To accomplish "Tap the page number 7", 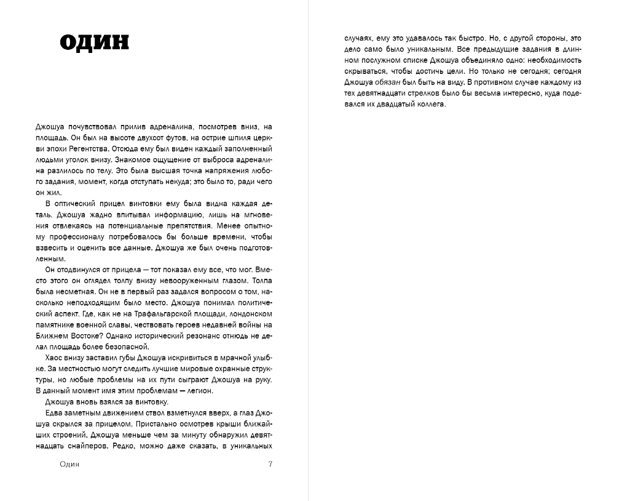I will [270, 464].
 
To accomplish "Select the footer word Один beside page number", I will [66, 464].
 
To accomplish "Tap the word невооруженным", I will [183, 281].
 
